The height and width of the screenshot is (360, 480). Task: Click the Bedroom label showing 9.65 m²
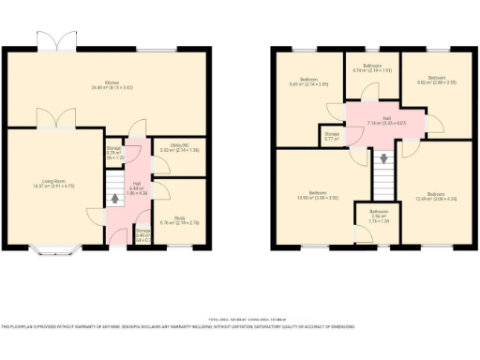[x=308, y=82]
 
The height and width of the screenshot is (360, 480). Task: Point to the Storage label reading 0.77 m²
[x=332, y=136]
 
